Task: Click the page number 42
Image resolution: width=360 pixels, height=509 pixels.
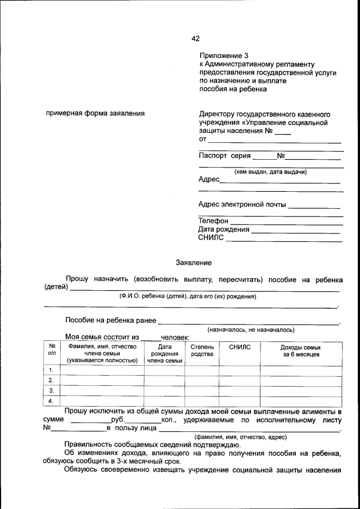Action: coord(195,39)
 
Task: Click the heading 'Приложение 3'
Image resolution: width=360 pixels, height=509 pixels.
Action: coord(223,56)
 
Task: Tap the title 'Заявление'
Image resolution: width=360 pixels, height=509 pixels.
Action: coord(193,263)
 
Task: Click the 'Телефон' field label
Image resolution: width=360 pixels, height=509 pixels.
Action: coord(213,221)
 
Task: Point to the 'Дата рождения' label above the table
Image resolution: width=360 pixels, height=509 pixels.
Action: coord(223,229)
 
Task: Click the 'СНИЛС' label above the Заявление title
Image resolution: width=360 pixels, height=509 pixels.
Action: coord(211,238)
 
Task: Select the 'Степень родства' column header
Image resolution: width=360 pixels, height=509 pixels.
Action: coord(202,350)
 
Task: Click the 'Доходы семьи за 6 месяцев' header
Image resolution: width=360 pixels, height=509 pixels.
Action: coord(301,350)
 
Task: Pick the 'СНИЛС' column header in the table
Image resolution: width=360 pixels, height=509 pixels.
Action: coord(240,347)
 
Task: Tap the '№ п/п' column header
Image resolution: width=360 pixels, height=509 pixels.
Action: coord(52,350)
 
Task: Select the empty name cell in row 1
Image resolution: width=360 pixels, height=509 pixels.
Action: coord(102,370)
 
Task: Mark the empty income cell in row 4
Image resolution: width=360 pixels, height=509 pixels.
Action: coord(301,401)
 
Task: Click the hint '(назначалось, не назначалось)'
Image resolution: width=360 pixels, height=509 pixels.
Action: coord(251,330)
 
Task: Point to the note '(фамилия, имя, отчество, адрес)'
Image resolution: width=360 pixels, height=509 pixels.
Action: coord(241,437)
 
